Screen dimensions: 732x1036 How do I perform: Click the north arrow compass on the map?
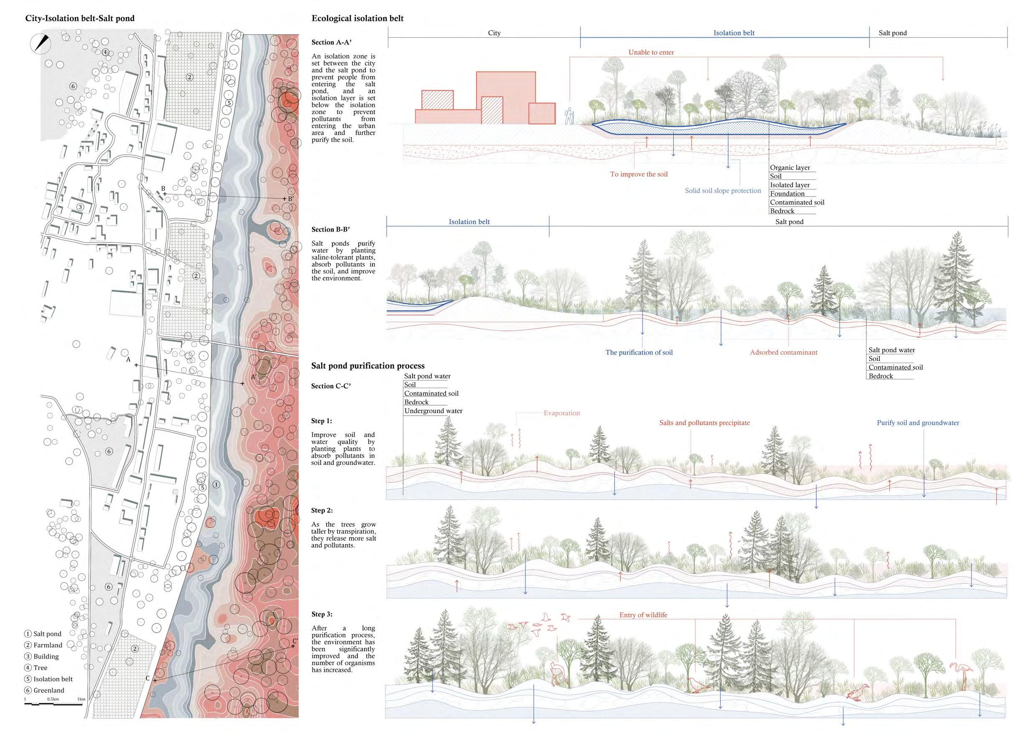(41, 44)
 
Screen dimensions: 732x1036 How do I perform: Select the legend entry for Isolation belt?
(48, 679)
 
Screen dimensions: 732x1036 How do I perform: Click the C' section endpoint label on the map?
(295, 641)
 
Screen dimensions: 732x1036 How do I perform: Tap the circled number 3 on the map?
(80, 207)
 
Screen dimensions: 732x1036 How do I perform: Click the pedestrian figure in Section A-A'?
(570, 116)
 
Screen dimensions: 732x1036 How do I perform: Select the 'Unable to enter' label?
(651, 52)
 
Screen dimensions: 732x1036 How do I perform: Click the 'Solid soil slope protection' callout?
(722, 190)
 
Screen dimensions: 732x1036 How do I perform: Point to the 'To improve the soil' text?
(638, 174)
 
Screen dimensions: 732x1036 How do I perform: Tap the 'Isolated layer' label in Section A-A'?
(790, 185)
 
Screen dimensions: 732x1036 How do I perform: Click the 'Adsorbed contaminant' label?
(783, 352)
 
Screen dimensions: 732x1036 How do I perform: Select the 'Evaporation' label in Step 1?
(561, 413)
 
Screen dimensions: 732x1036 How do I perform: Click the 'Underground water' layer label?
(433, 411)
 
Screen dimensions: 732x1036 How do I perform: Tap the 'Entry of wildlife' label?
(643, 615)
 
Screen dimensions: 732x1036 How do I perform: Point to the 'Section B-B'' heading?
(331, 229)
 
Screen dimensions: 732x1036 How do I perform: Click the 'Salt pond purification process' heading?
(368, 366)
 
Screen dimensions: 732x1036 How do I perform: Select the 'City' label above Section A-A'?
(494, 33)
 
